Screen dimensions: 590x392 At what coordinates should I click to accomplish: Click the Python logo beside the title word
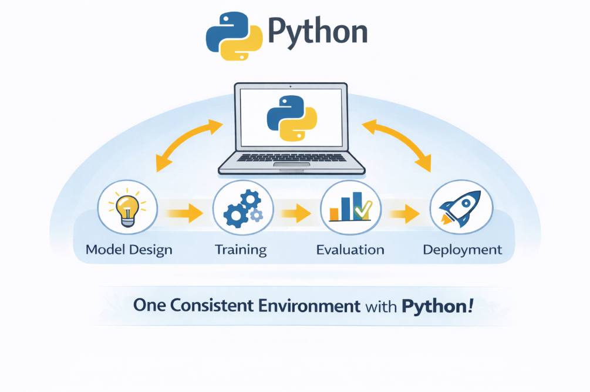pyautogui.click(x=234, y=36)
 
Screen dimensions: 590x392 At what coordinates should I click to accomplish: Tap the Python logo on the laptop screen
pyautogui.click(x=292, y=118)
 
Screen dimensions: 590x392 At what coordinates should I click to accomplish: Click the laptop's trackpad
pyautogui.click(x=292, y=165)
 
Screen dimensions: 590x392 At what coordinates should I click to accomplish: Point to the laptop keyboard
pyautogui.click(x=292, y=158)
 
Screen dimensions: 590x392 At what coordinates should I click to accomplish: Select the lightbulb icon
pyautogui.click(x=127, y=207)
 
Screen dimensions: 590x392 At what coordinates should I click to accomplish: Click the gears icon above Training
pyautogui.click(x=242, y=209)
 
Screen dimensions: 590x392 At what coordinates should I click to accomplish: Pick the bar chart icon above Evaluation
pyautogui.click(x=350, y=207)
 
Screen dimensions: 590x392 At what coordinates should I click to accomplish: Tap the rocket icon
pyautogui.click(x=461, y=208)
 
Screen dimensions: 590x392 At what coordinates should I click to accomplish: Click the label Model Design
pyautogui.click(x=129, y=250)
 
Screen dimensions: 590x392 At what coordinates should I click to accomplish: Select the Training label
pyautogui.click(x=241, y=250)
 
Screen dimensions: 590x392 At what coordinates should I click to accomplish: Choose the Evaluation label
pyautogui.click(x=350, y=250)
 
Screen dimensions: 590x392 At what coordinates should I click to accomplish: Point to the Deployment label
pyautogui.click(x=463, y=250)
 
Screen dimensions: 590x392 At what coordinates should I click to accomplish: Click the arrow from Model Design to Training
pyautogui.click(x=184, y=213)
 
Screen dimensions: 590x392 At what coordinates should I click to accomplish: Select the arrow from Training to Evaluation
pyautogui.click(x=296, y=213)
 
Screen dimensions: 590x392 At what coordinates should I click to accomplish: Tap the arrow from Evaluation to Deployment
pyautogui.click(x=404, y=214)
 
